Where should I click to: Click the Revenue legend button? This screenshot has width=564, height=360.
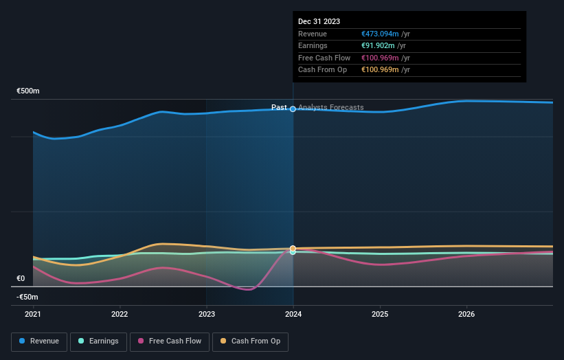[x=39, y=341]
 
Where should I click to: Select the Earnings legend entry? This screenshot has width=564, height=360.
[x=99, y=341]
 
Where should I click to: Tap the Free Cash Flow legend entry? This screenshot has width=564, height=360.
[x=170, y=341]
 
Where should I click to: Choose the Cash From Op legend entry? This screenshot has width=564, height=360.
[x=251, y=341]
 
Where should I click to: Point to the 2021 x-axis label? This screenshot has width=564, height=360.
[x=33, y=315]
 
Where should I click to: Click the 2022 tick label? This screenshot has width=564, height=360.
[x=120, y=315]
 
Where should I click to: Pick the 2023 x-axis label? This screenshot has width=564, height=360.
[x=207, y=315]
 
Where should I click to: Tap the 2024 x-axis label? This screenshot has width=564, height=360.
[x=293, y=315]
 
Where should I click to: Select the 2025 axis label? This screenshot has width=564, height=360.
[x=380, y=315]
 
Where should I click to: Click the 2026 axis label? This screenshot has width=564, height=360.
[x=466, y=315]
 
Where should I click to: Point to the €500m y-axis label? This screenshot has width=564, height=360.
[x=28, y=91]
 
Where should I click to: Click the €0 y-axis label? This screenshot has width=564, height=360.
[x=21, y=278]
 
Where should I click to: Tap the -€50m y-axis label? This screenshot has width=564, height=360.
[x=27, y=297]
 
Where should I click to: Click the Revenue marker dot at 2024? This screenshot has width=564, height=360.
[x=293, y=109]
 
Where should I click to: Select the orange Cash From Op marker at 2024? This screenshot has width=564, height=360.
[x=293, y=248]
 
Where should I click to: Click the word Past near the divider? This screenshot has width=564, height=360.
[x=279, y=107]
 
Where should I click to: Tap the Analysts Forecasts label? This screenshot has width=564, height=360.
[x=332, y=107]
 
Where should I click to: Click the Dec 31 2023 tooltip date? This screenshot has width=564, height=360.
[x=319, y=22]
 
